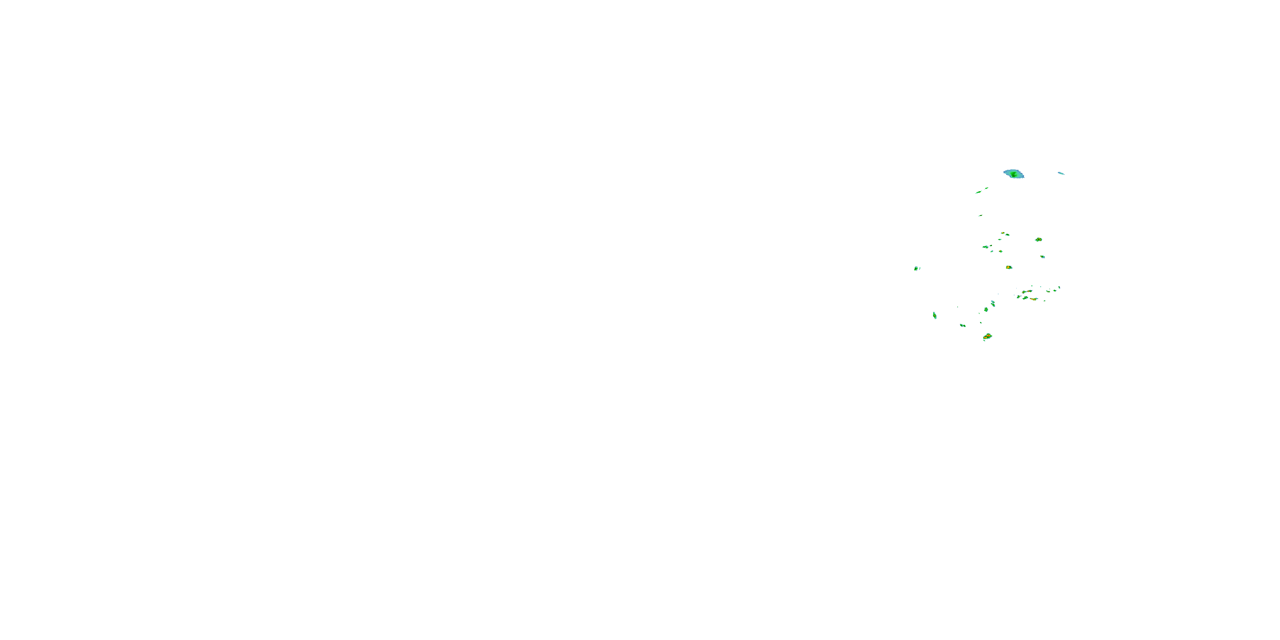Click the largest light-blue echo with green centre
pos(1014,174)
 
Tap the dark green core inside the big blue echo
pos(1013,175)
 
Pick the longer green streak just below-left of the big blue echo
pos(978,192)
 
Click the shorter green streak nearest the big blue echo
pos(986,188)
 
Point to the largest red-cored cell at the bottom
pos(987,336)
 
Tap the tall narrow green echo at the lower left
pos(935,316)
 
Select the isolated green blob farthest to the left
pos(916,268)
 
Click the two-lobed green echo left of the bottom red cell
pos(963,326)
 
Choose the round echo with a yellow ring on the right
pos(1039,239)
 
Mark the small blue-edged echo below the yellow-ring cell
pos(1042,257)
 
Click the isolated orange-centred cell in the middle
pos(1009,268)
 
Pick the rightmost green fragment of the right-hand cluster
pos(1059,287)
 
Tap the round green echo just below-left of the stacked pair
pos(986,310)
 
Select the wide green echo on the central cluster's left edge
pos(985,247)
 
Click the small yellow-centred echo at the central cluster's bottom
pos(1001,251)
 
